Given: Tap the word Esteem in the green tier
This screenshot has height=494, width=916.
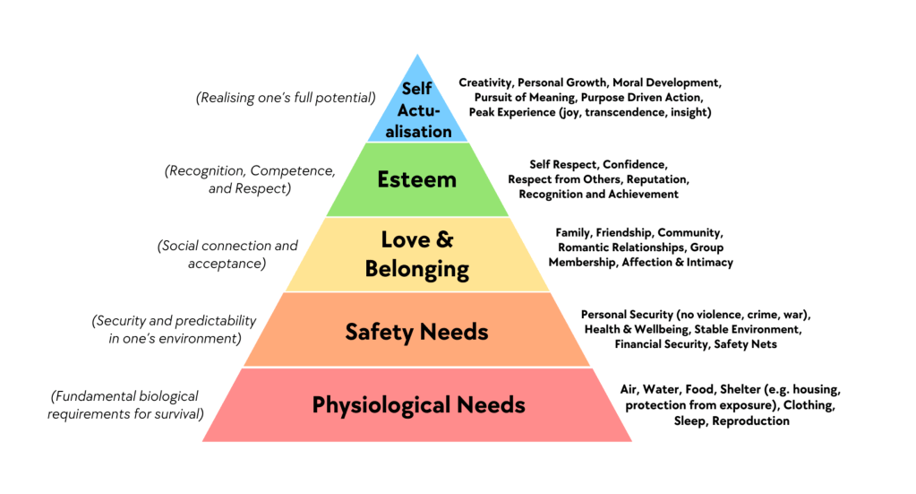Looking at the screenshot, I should point(416,179).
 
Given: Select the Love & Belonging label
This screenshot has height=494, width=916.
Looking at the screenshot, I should point(417,254).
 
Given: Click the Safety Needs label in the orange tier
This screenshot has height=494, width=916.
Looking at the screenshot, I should point(417,332).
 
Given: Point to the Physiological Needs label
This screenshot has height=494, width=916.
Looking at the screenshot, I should point(418,404).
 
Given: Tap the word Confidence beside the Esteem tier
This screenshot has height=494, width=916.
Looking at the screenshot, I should point(635,164).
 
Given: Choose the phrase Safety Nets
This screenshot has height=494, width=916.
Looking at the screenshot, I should point(741,344).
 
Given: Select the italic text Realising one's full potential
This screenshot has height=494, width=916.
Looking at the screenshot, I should point(286,98).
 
